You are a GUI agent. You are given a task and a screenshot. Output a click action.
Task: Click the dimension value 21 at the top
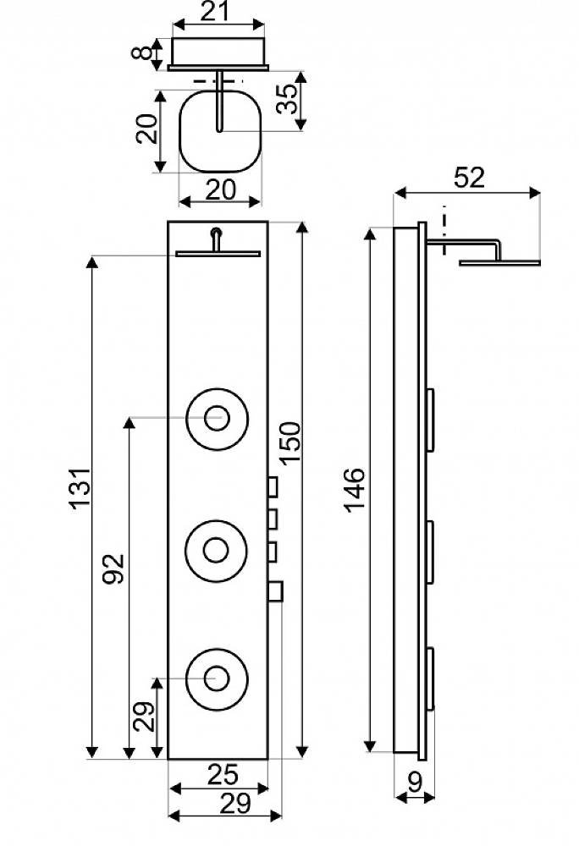(x=215, y=11)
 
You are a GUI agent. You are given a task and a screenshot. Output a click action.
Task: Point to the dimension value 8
(x=142, y=53)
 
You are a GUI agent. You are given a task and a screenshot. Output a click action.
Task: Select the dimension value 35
(x=287, y=99)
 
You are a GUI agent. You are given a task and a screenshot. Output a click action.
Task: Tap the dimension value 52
(x=469, y=178)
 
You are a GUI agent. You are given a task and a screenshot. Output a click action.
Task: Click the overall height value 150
(x=290, y=442)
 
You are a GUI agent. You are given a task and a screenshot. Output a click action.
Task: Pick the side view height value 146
(x=355, y=490)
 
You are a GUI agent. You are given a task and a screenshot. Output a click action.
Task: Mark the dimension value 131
(x=80, y=488)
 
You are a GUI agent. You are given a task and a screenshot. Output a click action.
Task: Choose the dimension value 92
(x=114, y=569)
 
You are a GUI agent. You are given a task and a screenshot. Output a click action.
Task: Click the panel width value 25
(x=223, y=775)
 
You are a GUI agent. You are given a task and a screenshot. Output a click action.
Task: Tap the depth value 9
(x=415, y=783)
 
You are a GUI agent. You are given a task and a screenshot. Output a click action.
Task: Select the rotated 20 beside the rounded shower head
(x=146, y=129)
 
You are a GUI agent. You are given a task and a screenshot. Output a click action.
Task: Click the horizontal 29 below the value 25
(x=236, y=804)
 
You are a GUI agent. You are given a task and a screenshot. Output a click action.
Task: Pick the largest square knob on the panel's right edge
(x=275, y=591)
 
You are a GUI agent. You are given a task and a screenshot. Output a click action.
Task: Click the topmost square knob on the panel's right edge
(x=273, y=486)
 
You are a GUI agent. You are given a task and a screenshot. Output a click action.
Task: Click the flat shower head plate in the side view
(x=499, y=263)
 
